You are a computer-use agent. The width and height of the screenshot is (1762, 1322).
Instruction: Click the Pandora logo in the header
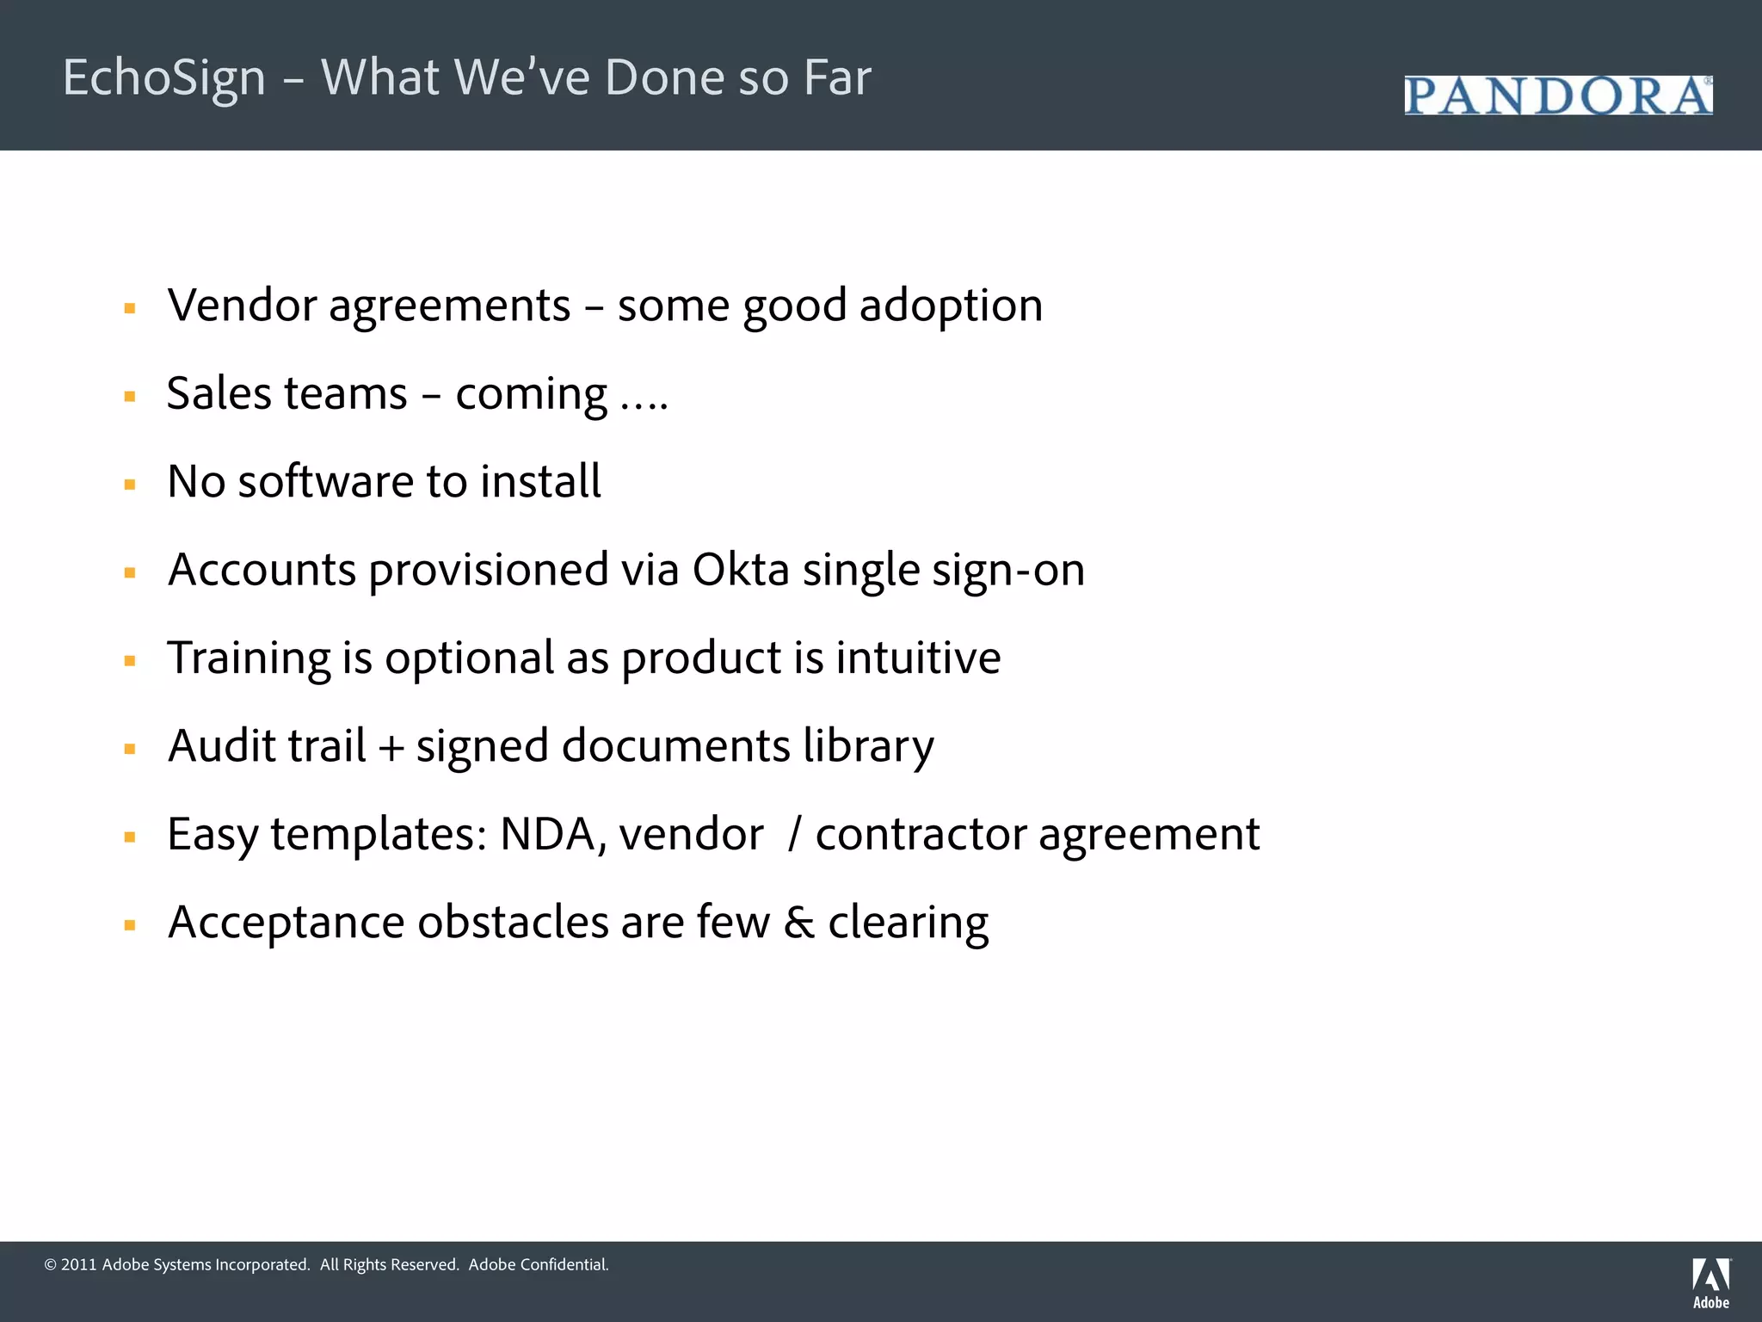click(1557, 96)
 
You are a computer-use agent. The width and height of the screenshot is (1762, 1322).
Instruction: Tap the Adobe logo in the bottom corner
click(1710, 1282)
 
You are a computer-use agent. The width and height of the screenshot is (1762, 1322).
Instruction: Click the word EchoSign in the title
click(164, 77)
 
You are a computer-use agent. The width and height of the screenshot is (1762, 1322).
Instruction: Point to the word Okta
click(741, 570)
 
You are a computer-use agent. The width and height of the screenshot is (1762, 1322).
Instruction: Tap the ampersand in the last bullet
click(798, 923)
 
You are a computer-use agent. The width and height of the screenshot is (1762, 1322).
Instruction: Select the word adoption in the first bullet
click(951, 306)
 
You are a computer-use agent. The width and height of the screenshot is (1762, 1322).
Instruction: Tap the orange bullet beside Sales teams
click(130, 397)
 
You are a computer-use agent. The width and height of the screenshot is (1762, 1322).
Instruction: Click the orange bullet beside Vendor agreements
click(130, 308)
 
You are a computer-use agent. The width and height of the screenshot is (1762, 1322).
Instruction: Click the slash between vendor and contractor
click(795, 834)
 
